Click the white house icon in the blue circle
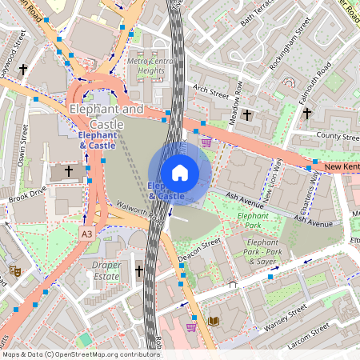[180, 172]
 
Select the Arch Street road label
[210, 93]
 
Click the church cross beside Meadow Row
[246, 115]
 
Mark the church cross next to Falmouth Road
[307, 114]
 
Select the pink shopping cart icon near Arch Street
[207, 142]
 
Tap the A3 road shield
[86, 232]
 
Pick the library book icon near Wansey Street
[213, 322]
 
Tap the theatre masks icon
[14, 270]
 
